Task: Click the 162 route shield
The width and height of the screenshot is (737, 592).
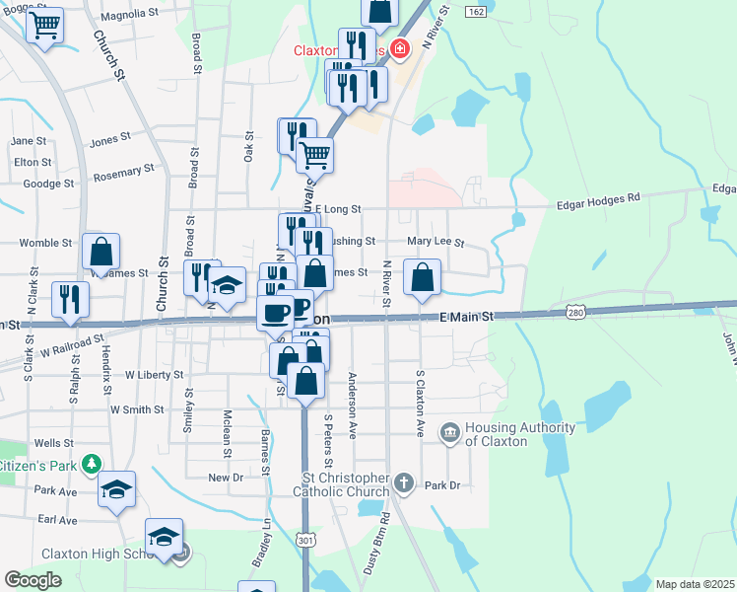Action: pyautogui.click(x=476, y=11)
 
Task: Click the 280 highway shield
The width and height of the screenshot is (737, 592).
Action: pyautogui.click(x=576, y=312)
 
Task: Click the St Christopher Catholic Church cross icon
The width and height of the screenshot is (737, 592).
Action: pyautogui.click(x=403, y=483)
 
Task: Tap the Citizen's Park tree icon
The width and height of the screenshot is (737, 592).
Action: pyautogui.click(x=91, y=463)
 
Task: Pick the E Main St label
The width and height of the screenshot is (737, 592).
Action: pyautogui.click(x=465, y=316)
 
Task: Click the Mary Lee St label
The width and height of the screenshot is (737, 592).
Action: pyautogui.click(x=435, y=241)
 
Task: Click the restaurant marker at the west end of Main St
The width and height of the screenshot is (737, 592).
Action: pyautogui.click(x=70, y=298)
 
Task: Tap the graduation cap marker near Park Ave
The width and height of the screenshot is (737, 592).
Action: pyautogui.click(x=117, y=488)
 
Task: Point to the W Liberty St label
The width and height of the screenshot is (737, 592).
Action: pyautogui.click(x=155, y=375)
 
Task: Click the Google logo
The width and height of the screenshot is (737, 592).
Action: pyautogui.click(x=33, y=580)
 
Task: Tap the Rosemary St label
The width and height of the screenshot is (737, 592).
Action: pyautogui.click(x=124, y=174)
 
